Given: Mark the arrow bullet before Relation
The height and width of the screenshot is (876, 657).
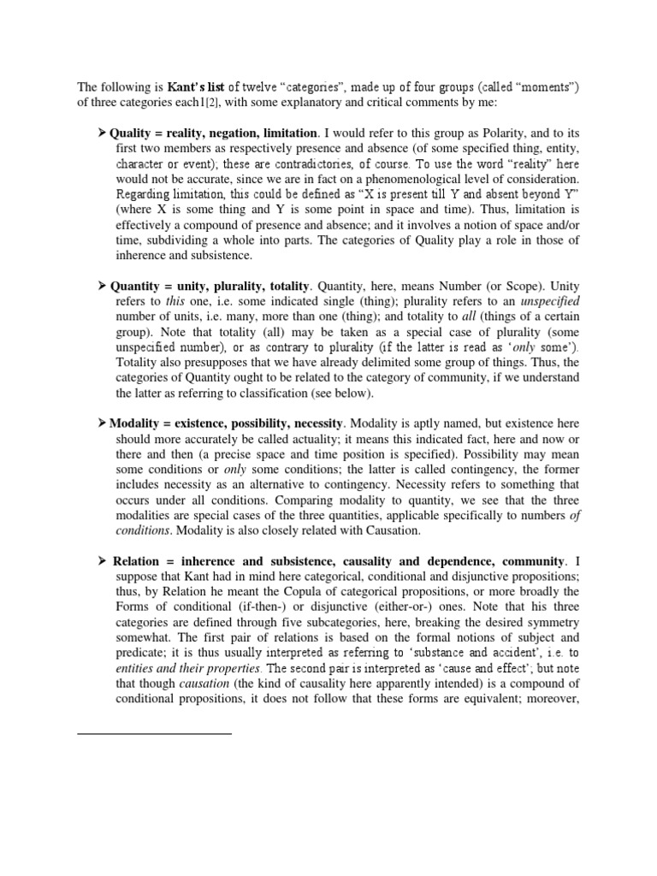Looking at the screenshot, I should click(102, 561).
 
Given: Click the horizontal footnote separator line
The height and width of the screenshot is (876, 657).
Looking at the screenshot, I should click(154, 733).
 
